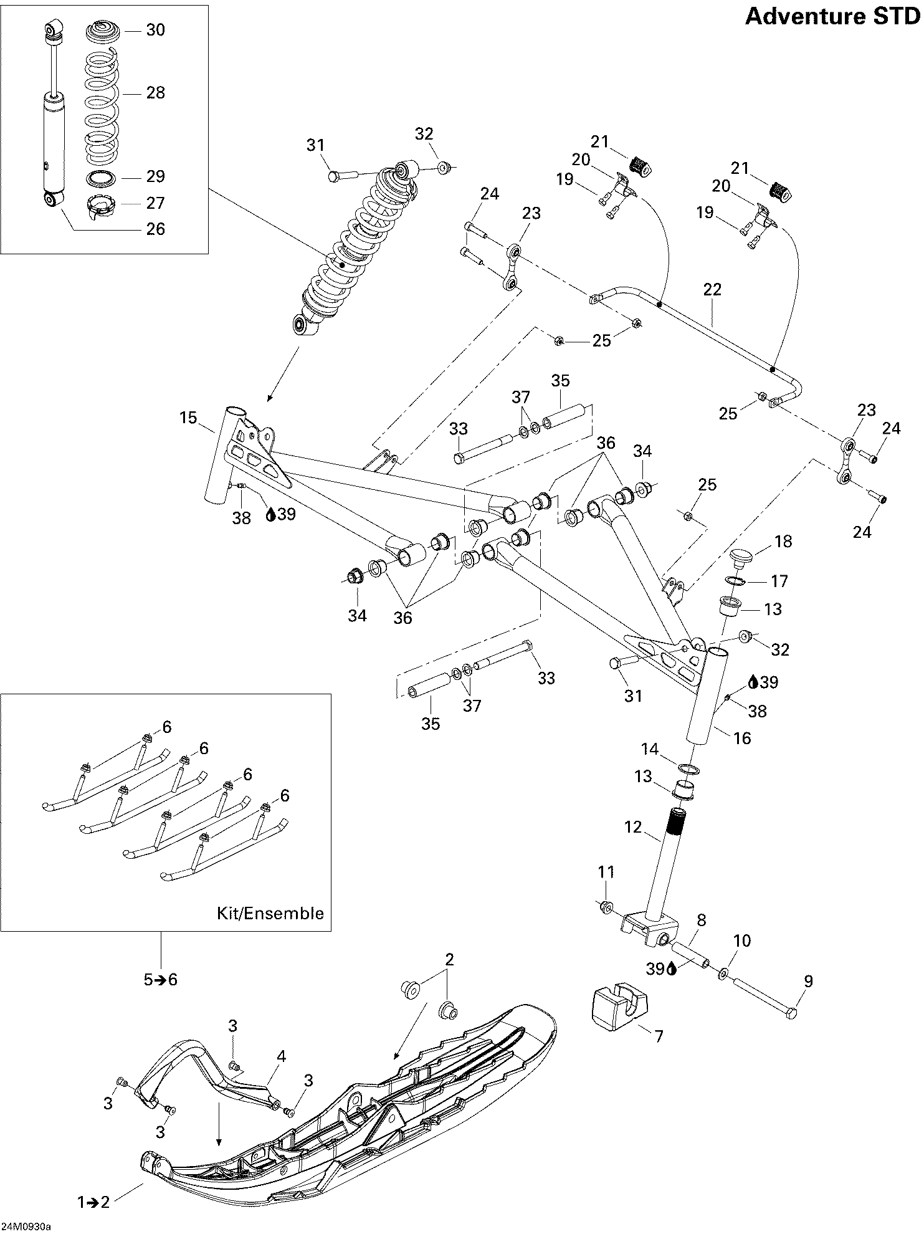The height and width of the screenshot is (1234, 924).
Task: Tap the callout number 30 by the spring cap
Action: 155,30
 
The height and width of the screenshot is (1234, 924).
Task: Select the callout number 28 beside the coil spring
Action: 155,93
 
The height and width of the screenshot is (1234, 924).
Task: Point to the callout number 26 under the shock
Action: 155,229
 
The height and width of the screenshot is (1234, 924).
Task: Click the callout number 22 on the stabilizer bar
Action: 712,289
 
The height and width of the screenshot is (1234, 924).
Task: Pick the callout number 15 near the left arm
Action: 188,418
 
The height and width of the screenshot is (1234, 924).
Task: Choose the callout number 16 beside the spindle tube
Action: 743,738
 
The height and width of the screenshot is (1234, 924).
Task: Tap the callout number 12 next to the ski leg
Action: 632,828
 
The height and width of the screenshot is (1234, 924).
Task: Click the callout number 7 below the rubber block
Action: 658,1036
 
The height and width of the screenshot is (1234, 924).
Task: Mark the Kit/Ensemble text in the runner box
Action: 270,914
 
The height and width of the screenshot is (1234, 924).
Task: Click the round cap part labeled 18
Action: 741,554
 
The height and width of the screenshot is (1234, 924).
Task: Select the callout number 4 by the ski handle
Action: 282,1056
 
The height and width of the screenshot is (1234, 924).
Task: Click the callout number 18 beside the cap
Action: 783,542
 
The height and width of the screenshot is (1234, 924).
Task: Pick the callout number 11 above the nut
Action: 606,872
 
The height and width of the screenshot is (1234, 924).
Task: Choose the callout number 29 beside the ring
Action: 155,176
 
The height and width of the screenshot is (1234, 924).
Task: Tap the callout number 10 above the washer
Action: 743,940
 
